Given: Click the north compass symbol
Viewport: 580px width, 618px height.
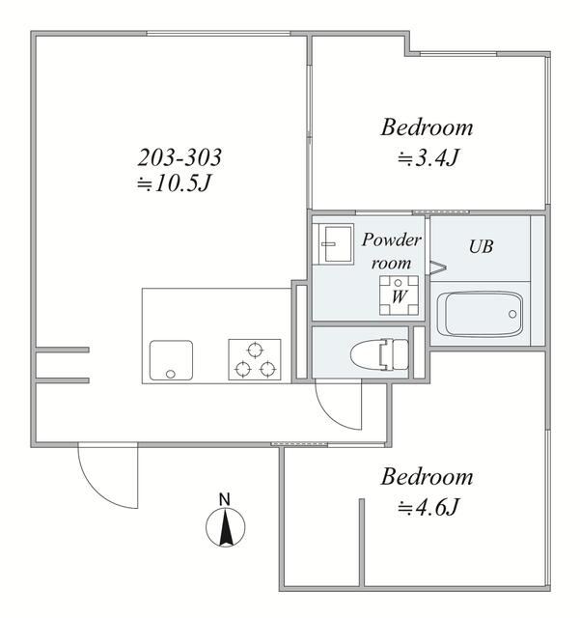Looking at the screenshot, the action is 226,527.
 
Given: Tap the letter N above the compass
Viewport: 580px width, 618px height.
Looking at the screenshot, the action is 225,499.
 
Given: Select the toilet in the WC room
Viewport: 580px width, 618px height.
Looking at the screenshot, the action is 379,354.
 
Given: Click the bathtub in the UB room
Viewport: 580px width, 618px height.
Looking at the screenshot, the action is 480,314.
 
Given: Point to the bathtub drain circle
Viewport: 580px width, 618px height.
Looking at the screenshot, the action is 512,314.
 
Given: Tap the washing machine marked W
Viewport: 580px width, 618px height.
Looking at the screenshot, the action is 399,295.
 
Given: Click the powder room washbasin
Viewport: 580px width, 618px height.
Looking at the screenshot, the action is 333,244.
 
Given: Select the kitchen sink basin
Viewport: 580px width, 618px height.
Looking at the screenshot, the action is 172,360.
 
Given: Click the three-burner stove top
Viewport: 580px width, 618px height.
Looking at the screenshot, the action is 255,359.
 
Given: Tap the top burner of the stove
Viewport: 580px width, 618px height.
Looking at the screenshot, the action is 255,350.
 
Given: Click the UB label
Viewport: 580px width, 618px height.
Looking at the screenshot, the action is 482,247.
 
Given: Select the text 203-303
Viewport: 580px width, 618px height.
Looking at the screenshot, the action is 180,156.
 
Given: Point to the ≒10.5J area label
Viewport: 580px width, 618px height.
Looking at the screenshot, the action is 175,183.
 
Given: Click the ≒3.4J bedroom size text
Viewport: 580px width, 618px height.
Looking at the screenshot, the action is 428,158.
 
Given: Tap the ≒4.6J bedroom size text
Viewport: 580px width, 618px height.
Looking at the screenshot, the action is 428,507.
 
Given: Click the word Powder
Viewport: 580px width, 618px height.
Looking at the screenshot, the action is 392,239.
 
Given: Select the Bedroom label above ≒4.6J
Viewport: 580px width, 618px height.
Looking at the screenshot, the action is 427,476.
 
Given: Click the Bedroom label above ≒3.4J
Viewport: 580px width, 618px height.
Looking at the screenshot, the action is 427,127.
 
